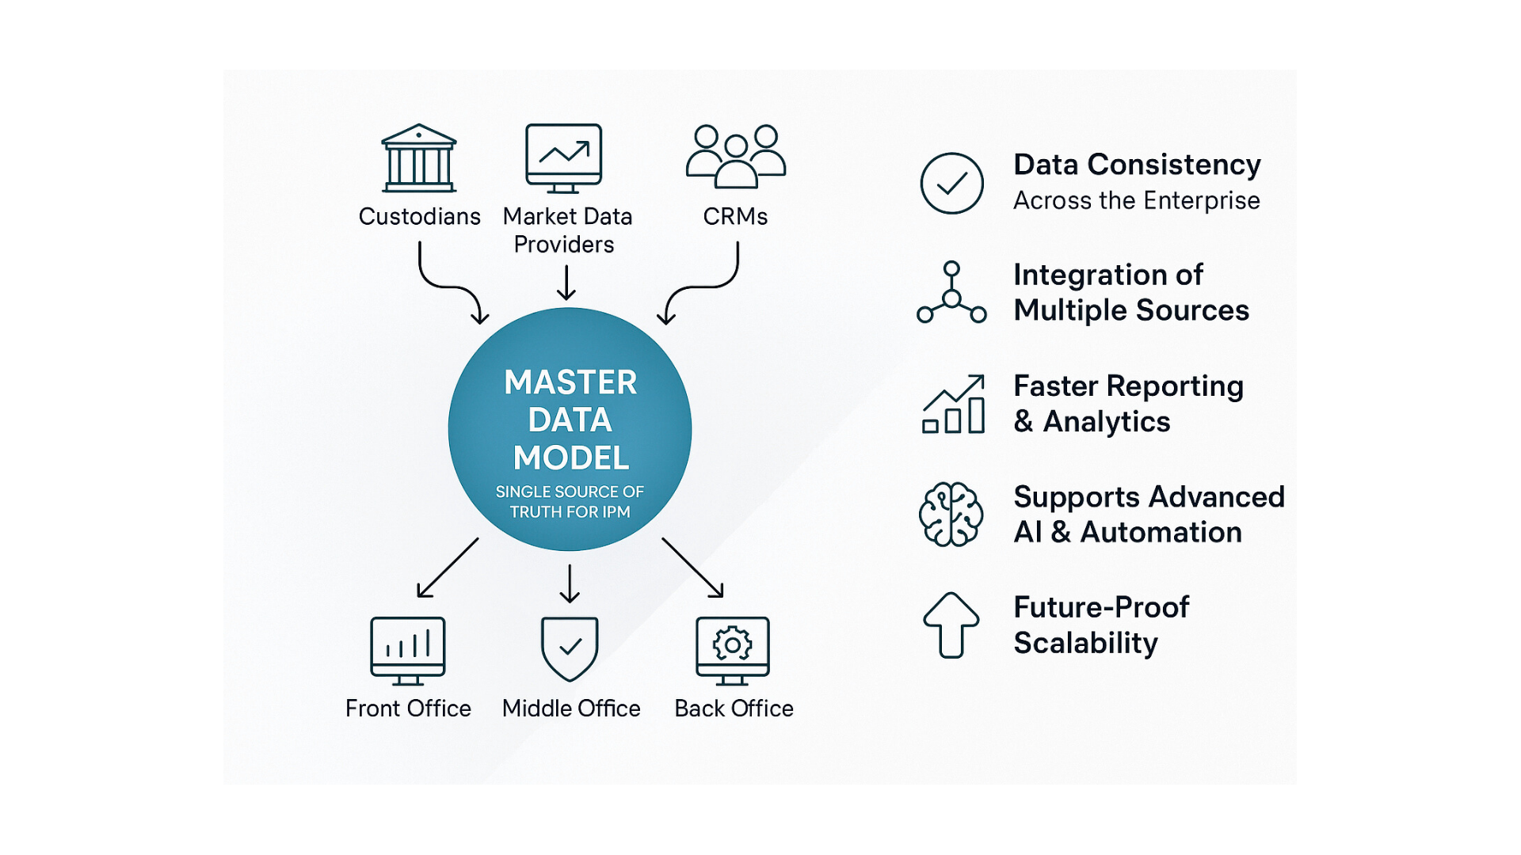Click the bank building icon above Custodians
tap(419, 158)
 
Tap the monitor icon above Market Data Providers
tap(563, 158)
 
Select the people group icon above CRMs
tap(735, 156)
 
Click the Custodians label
tap(419, 216)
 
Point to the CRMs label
tap(735, 216)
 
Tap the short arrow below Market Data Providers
tap(566, 283)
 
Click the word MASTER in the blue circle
tap(570, 382)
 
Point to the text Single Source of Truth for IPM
tap(570, 502)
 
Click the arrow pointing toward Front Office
tap(448, 568)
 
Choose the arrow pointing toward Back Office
tap(692, 567)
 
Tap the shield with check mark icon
tap(570, 648)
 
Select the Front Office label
tap(408, 709)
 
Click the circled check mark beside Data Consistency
tap(951, 184)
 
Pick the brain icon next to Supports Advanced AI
tap(951, 515)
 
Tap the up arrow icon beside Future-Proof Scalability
tap(951, 625)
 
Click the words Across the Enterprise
tap(1136, 201)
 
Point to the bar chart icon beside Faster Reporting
tap(954, 405)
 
